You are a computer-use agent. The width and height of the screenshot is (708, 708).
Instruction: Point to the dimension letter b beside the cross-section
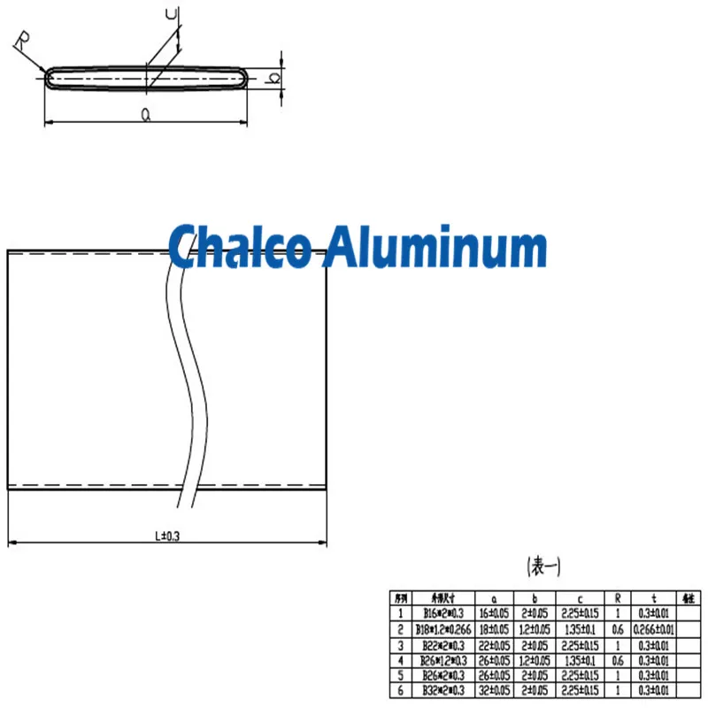[x=275, y=78]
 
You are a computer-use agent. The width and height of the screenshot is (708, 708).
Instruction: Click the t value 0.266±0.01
[x=654, y=629]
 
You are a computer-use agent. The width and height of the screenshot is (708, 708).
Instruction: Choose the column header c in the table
[x=580, y=598]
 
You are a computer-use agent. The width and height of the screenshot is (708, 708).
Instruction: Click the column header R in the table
[x=618, y=598]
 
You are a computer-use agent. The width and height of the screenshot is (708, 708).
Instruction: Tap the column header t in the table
[x=654, y=598]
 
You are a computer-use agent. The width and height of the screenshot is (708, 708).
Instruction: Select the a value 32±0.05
[x=494, y=689]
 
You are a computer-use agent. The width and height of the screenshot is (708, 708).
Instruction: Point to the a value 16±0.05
[x=494, y=613]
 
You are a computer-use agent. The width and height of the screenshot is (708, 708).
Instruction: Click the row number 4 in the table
[x=400, y=659]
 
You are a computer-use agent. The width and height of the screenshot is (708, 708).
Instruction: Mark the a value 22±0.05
[x=494, y=644]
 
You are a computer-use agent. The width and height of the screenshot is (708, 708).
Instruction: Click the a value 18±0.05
[x=494, y=629]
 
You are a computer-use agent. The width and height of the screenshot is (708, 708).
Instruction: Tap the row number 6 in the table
[x=400, y=689]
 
